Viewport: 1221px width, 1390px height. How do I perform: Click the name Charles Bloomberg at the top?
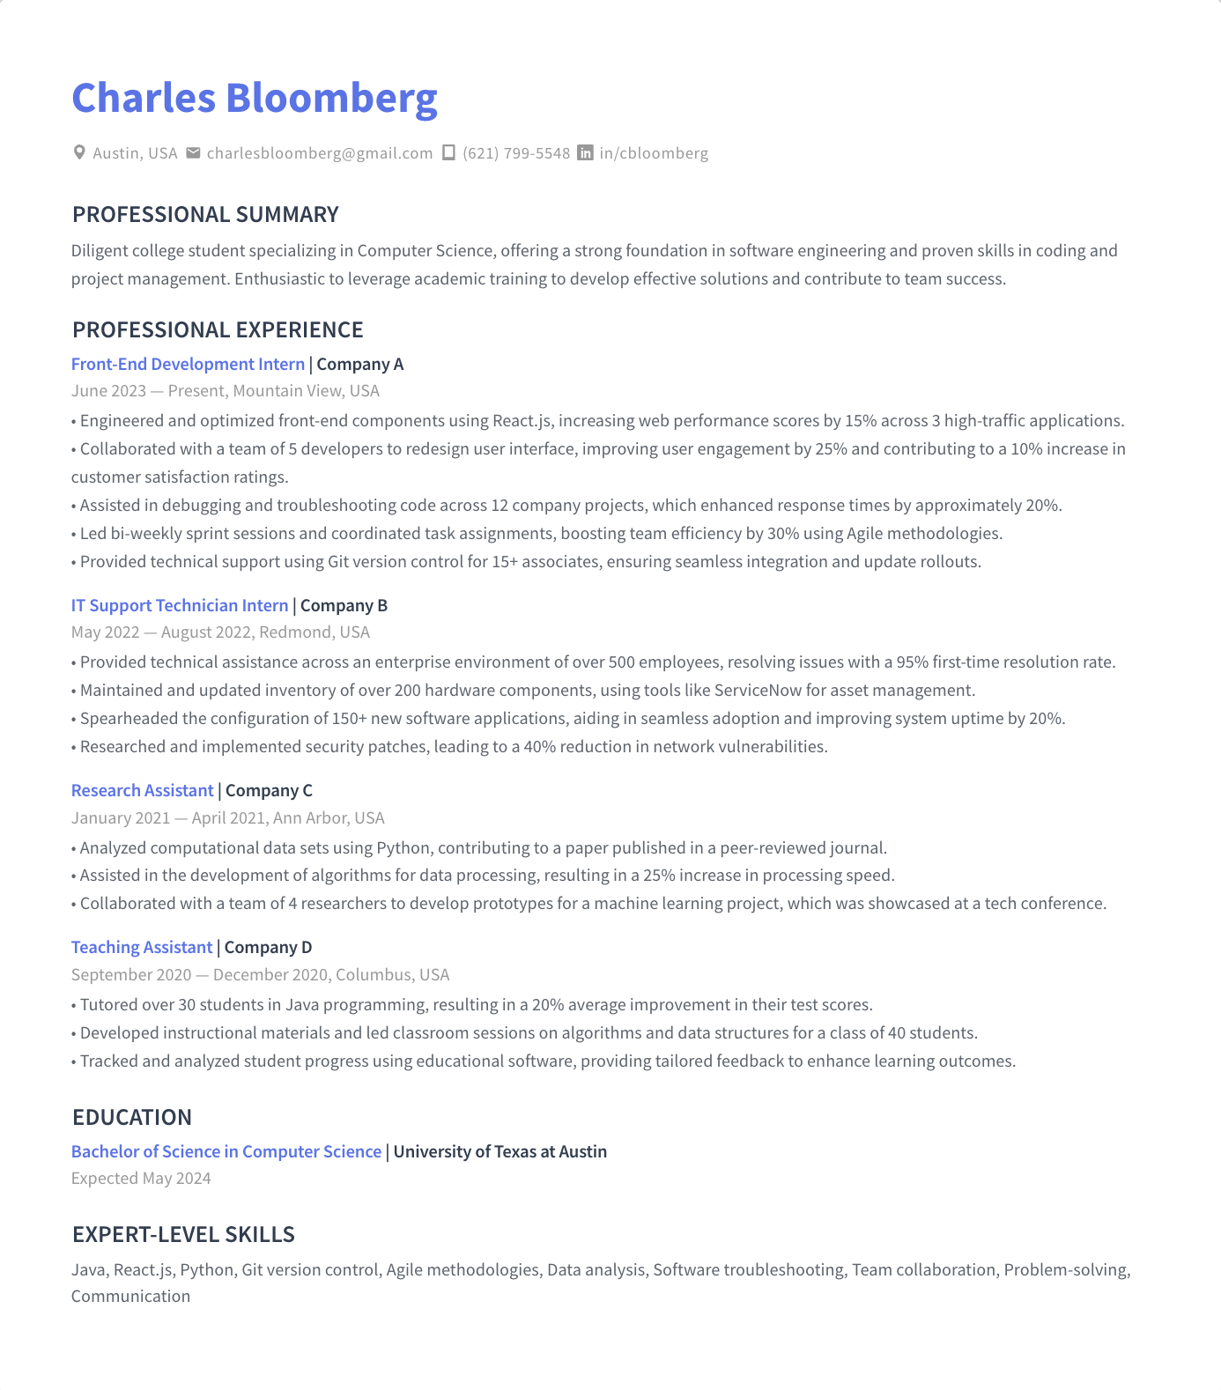click(x=254, y=98)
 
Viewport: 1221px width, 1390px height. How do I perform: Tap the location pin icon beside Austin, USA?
click(x=79, y=152)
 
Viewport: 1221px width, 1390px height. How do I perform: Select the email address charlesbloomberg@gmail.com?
click(x=320, y=153)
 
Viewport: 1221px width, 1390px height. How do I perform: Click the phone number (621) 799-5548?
click(x=516, y=153)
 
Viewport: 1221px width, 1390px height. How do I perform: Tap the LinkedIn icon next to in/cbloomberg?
click(x=585, y=152)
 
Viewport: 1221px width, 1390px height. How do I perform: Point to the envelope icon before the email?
click(x=193, y=152)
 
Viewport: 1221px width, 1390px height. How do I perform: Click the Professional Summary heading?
click(x=205, y=214)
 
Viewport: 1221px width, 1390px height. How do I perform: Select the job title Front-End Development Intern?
click(x=188, y=364)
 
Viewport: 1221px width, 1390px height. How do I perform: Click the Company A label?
click(x=359, y=364)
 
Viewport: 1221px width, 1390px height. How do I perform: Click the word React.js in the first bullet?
click(x=522, y=421)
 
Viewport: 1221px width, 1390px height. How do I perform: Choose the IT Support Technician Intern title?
click(x=180, y=605)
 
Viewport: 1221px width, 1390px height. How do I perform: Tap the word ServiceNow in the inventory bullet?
click(x=758, y=690)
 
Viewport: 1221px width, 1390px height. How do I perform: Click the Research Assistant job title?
click(x=142, y=790)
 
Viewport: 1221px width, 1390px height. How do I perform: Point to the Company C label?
click(x=269, y=790)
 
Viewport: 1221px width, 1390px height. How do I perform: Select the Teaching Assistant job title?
click(x=141, y=947)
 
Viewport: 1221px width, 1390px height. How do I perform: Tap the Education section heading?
click(x=132, y=1117)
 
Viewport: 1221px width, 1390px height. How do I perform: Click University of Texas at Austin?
click(x=499, y=1151)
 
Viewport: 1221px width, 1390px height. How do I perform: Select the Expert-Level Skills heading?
click(x=183, y=1234)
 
